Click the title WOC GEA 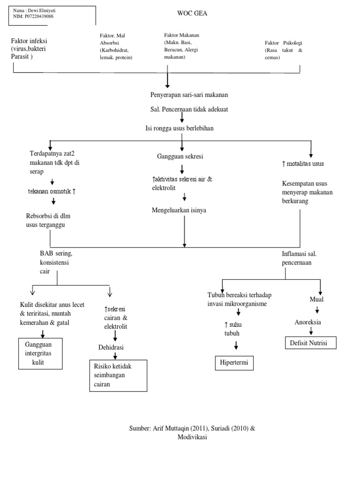coord(192,14)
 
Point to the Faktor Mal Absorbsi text coord(116,46)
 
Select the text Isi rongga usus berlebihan coord(179,128)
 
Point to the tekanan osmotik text coord(53,192)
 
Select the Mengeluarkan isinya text coord(179,210)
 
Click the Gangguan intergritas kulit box coord(40,353)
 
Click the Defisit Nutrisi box coord(311,343)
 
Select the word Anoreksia coord(307,322)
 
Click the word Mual coord(316,300)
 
